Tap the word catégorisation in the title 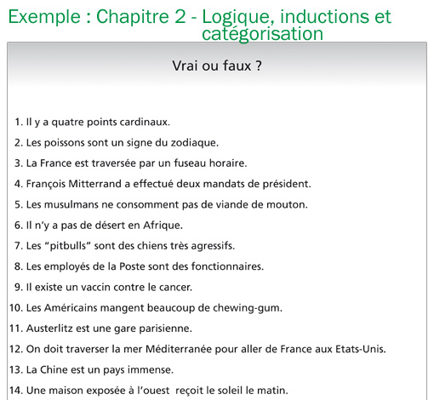tap(263, 34)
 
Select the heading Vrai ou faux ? tap(216, 66)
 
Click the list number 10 tap(15, 307)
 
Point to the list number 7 tap(19, 245)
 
